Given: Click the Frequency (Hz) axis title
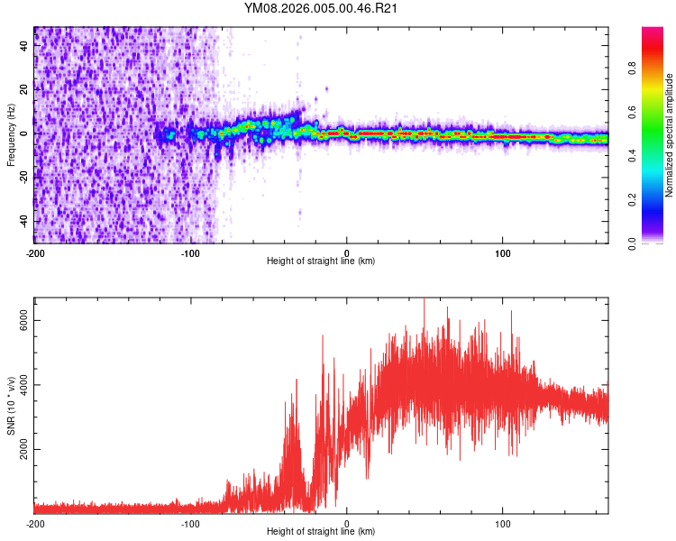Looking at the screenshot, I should [11, 135].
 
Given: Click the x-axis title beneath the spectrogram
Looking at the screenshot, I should [321, 261].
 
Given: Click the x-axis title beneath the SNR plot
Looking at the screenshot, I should [321, 532].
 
